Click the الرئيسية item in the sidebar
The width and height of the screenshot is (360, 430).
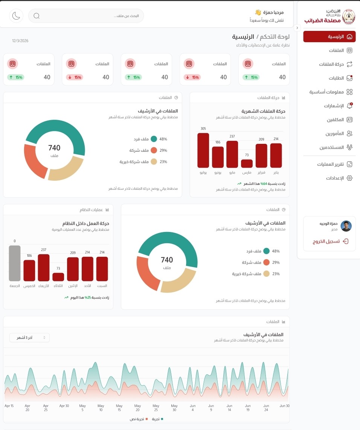pyautogui.click(x=329, y=37)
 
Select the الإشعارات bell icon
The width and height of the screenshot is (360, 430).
pyautogui.click(x=349, y=106)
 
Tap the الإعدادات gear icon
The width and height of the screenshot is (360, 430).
pyautogui.click(x=349, y=178)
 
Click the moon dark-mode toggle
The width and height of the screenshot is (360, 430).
pyautogui.click(x=16, y=16)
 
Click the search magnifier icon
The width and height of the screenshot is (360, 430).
pyautogui.click(x=37, y=16)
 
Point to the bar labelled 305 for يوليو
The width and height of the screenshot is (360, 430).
pyautogui.click(x=203, y=150)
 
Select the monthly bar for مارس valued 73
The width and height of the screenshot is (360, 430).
pyautogui.click(x=247, y=163)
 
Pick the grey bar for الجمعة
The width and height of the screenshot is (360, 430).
pyautogui.click(x=15, y=263)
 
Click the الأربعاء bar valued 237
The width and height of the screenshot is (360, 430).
pyautogui.click(x=44, y=268)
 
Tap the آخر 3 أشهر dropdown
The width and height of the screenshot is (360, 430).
pyautogui.click(x=29, y=338)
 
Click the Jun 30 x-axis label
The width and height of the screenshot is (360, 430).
pyautogui.click(x=285, y=406)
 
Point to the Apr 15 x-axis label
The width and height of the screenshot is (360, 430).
pyautogui.click(x=9, y=406)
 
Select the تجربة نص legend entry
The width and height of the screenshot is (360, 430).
pyautogui.click(x=138, y=419)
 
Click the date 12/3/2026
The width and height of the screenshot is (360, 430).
pyautogui.click(x=20, y=41)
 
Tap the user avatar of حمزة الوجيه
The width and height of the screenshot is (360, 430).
pyautogui.click(x=346, y=226)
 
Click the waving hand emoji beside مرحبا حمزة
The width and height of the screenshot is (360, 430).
pyautogui.click(x=258, y=12)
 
